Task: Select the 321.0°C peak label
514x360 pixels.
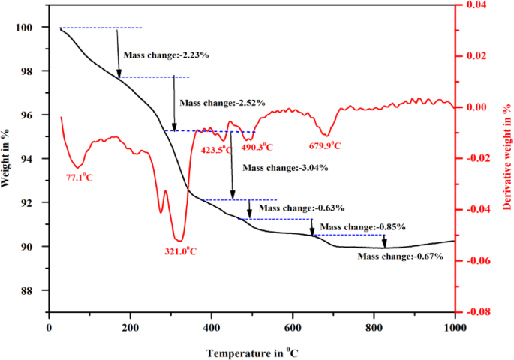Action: (182, 251)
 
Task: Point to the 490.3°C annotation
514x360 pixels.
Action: (257, 148)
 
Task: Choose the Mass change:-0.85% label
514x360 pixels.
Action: (362, 226)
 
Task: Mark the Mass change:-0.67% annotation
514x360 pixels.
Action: (400, 256)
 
